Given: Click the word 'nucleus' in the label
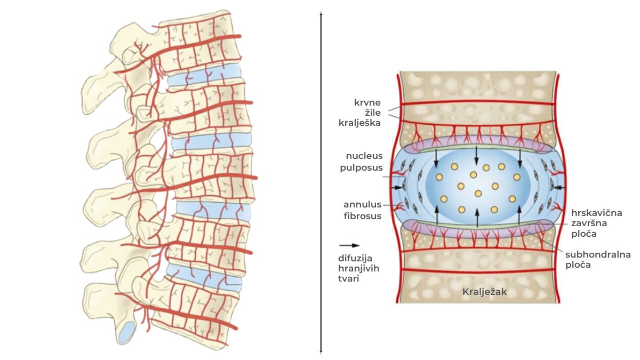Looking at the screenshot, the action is (364, 156).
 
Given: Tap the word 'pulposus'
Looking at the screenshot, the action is (361, 168).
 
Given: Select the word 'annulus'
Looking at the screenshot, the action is (362, 205).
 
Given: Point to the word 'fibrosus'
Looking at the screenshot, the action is (362, 217).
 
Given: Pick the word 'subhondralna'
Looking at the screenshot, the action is (598, 254).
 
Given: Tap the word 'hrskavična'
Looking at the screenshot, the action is (597, 213).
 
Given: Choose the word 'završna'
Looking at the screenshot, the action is (589, 223).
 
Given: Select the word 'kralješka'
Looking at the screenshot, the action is (359, 123).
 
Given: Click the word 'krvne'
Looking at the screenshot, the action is (367, 102).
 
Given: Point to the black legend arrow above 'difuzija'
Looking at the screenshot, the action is (349, 245).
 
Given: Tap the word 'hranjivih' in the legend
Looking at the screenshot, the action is (358, 269).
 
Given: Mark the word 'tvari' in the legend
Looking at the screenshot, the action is (348, 279).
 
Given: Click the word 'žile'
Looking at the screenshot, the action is (373, 113).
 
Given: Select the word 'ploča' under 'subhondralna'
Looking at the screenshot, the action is (578, 265).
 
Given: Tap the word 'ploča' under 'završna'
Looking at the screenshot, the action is (583, 234).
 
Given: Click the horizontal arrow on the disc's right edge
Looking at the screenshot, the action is (558, 187).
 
